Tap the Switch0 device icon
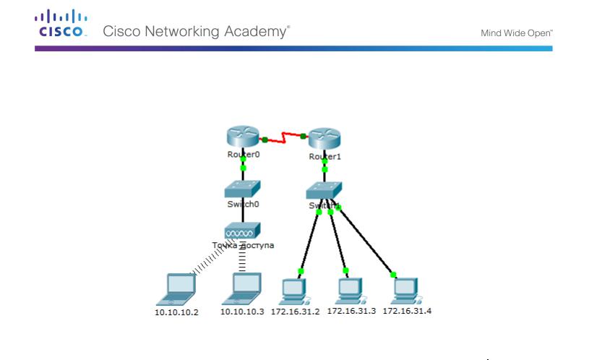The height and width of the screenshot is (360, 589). point(242,189)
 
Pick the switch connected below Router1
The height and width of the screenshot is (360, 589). point(324,191)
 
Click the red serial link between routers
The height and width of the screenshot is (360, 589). point(284,136)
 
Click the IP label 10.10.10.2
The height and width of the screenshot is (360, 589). point(178,312)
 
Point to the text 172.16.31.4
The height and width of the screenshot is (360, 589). point(407,311)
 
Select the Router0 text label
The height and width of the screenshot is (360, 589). point(242,154)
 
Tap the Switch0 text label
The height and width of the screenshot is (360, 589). point(242,205)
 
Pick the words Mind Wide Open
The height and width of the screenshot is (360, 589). point(516,33)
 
